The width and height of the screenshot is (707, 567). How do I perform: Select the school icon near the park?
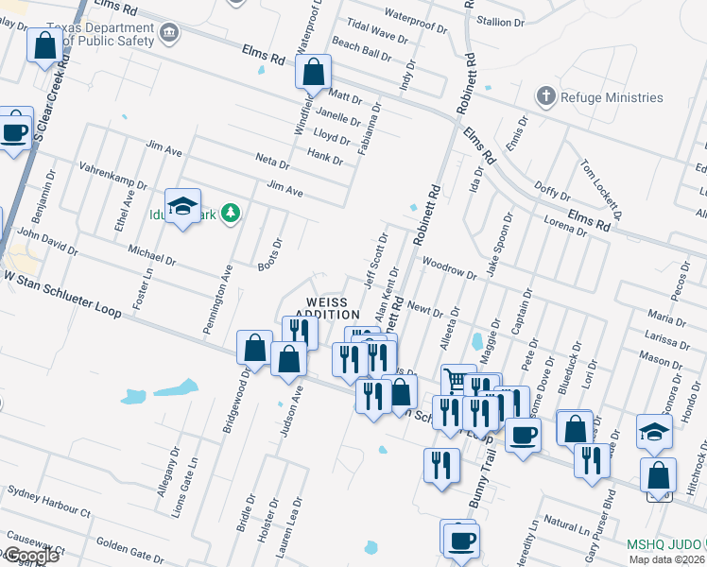pyautogui.click(x=182, y=208)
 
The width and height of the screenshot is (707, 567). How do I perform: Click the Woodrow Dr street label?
pyautogui.click(x=450, y=266)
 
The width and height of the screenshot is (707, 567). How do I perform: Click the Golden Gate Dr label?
pyautogui.click(x=130, y=548)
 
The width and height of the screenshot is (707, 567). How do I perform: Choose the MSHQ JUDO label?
pyautogui.click(x=666, y=545)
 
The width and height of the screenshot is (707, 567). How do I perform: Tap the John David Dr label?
pyautogui.click(x=47, y=241)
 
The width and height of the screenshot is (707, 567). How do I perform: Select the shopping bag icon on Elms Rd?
pyautogui.click(x=313, y=70)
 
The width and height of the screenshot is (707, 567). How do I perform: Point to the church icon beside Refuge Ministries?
pyautogui.click(x=544, y=96)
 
